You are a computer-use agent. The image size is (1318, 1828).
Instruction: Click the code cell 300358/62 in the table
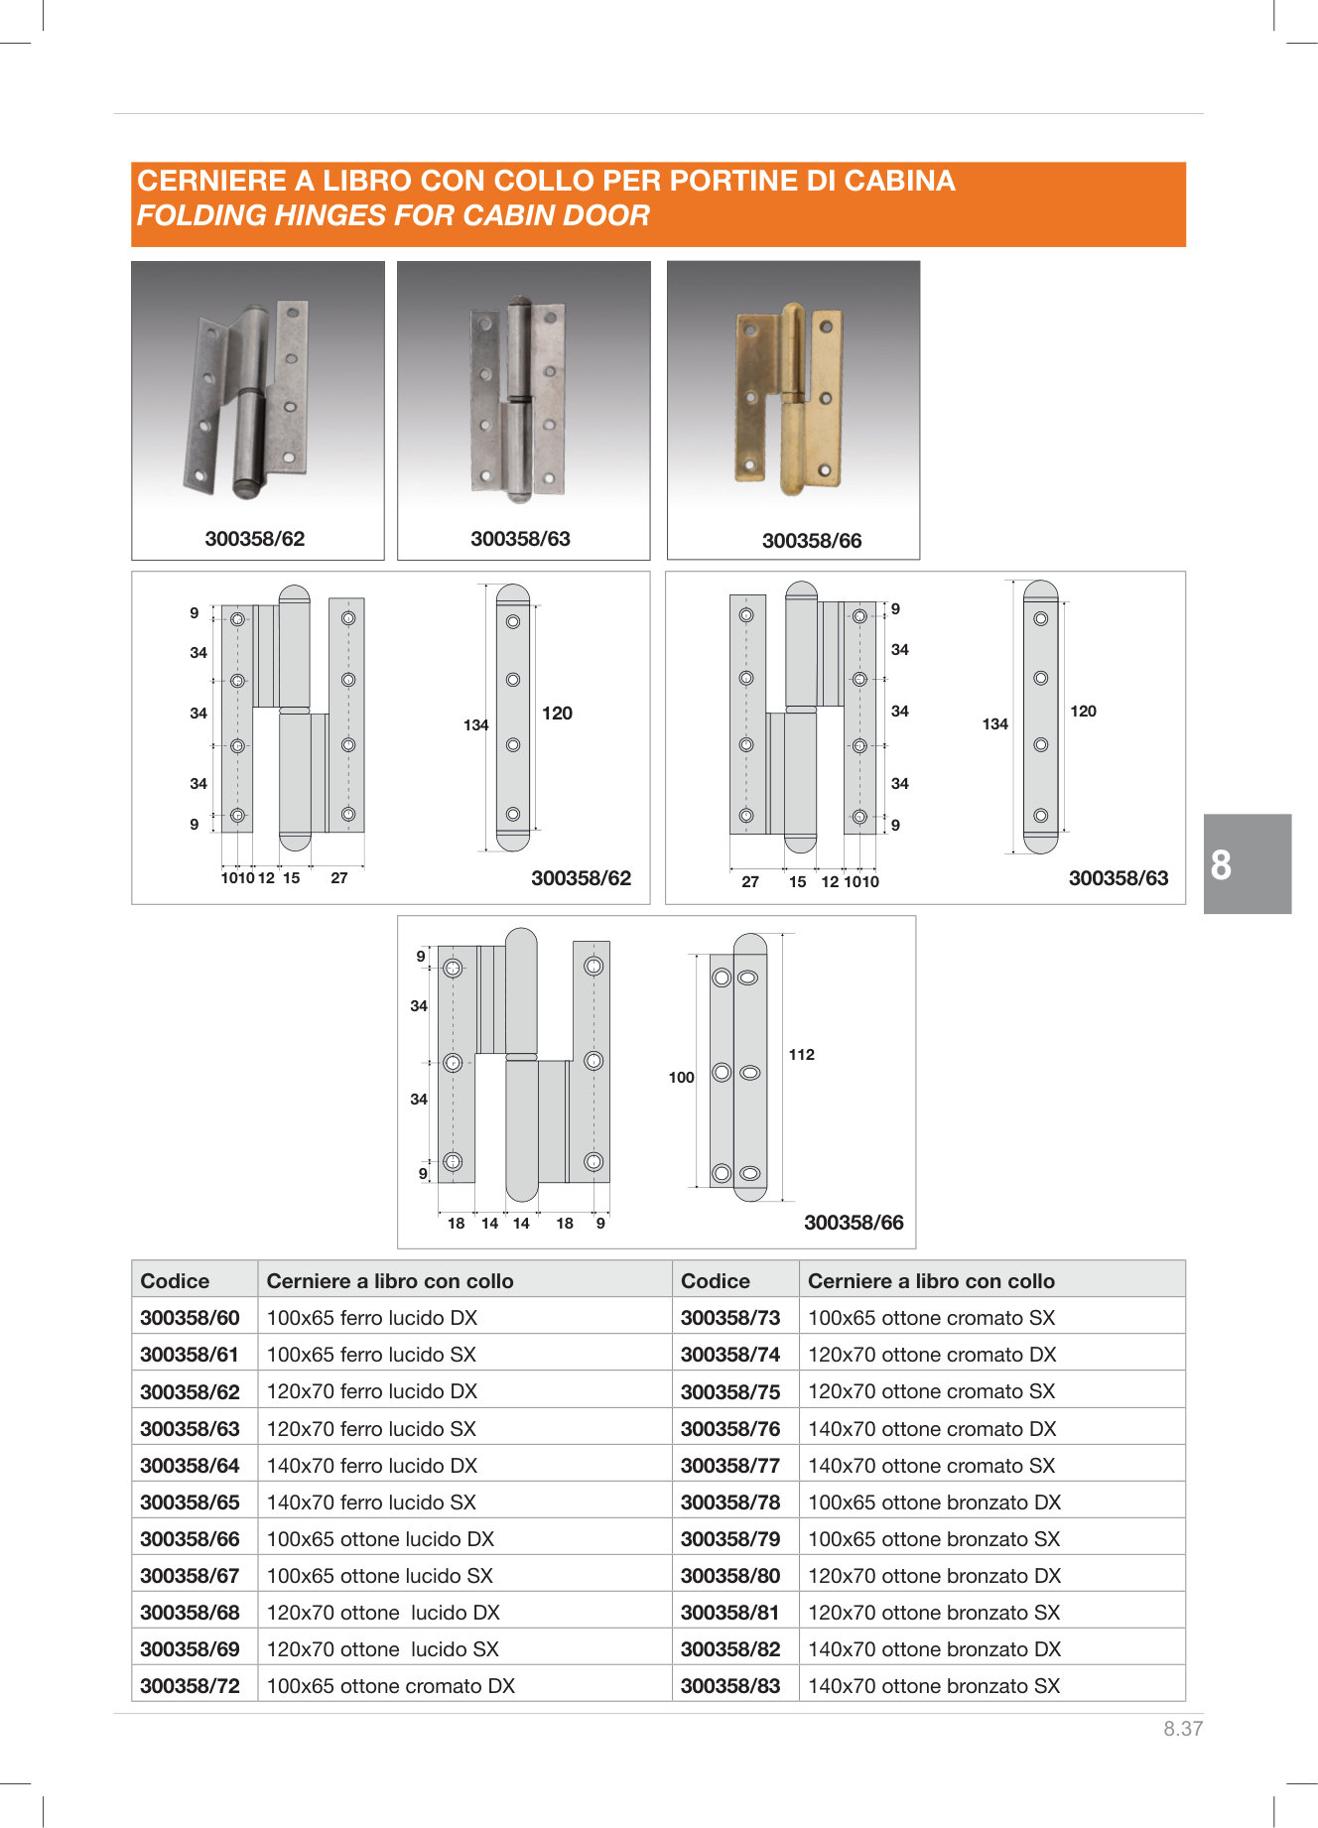pyautogui.click(x=190, y=1391)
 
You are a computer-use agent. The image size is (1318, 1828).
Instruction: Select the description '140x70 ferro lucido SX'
pyautogui.click(x=371, y=1502)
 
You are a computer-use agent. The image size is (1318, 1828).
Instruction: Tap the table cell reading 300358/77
pyautogui.click(x=730, y=1466)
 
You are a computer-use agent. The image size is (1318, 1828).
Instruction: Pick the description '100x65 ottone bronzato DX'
pyautogui.click(x=934, y=1502)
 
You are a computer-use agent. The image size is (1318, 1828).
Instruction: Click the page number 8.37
pyautogui.click(x=1183, y=1729)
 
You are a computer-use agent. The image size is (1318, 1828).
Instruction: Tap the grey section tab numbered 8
pyautogui.click(x=1248, y=864)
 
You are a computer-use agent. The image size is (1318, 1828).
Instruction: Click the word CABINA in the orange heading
pyautogui.click(x=899, y=181)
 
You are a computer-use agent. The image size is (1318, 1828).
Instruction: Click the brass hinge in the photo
pyautogui.click(x=789, y=398)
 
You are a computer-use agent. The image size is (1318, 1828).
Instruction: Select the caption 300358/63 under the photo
pyautogui.click(x=520, y=539)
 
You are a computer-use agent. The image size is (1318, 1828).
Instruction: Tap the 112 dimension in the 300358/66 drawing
pyautogui.click(x=802, y=1055)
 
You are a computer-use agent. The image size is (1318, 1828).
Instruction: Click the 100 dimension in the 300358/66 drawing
pyautogui.click(x=681, y=1078)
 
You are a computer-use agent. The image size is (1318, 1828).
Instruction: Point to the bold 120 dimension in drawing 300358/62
pyautogui.click(x=557, y=714)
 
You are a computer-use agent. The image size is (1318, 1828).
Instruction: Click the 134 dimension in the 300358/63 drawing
pyautogui.click(x=994, y=724)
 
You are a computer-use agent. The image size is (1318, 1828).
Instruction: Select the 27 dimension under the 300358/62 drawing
pyautogui.click(x=339, y=878)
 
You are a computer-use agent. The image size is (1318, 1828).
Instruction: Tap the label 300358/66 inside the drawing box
pyautogui.click(x=854, y=1223)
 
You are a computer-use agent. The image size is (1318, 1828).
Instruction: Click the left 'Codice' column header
pyautogui.click(x=175, y=1281)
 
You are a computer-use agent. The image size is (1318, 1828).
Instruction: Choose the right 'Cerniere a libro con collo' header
pyautogui.click(x=931, y=1281)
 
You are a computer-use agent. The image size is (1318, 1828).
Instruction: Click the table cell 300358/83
pyautogui.click(x=730, y=1686)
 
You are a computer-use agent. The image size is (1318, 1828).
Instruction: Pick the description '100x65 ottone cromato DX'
pyautogui.click(x=391, y=1686)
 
